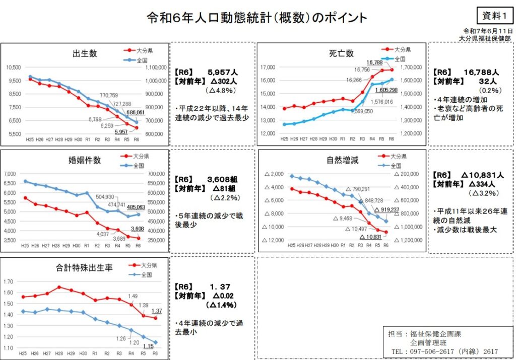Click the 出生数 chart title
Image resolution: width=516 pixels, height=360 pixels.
click(x=85, y=54)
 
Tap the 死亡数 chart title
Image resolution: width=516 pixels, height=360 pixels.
click(x=341, y=53)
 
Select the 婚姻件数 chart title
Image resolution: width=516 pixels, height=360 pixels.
click(x=85, y=161)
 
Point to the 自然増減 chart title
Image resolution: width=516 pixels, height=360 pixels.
click(x=342, y=161)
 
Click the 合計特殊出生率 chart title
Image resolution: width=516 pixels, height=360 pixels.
click(x=84, y=268)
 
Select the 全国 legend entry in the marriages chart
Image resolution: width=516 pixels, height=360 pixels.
click(x=139, y=165)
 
